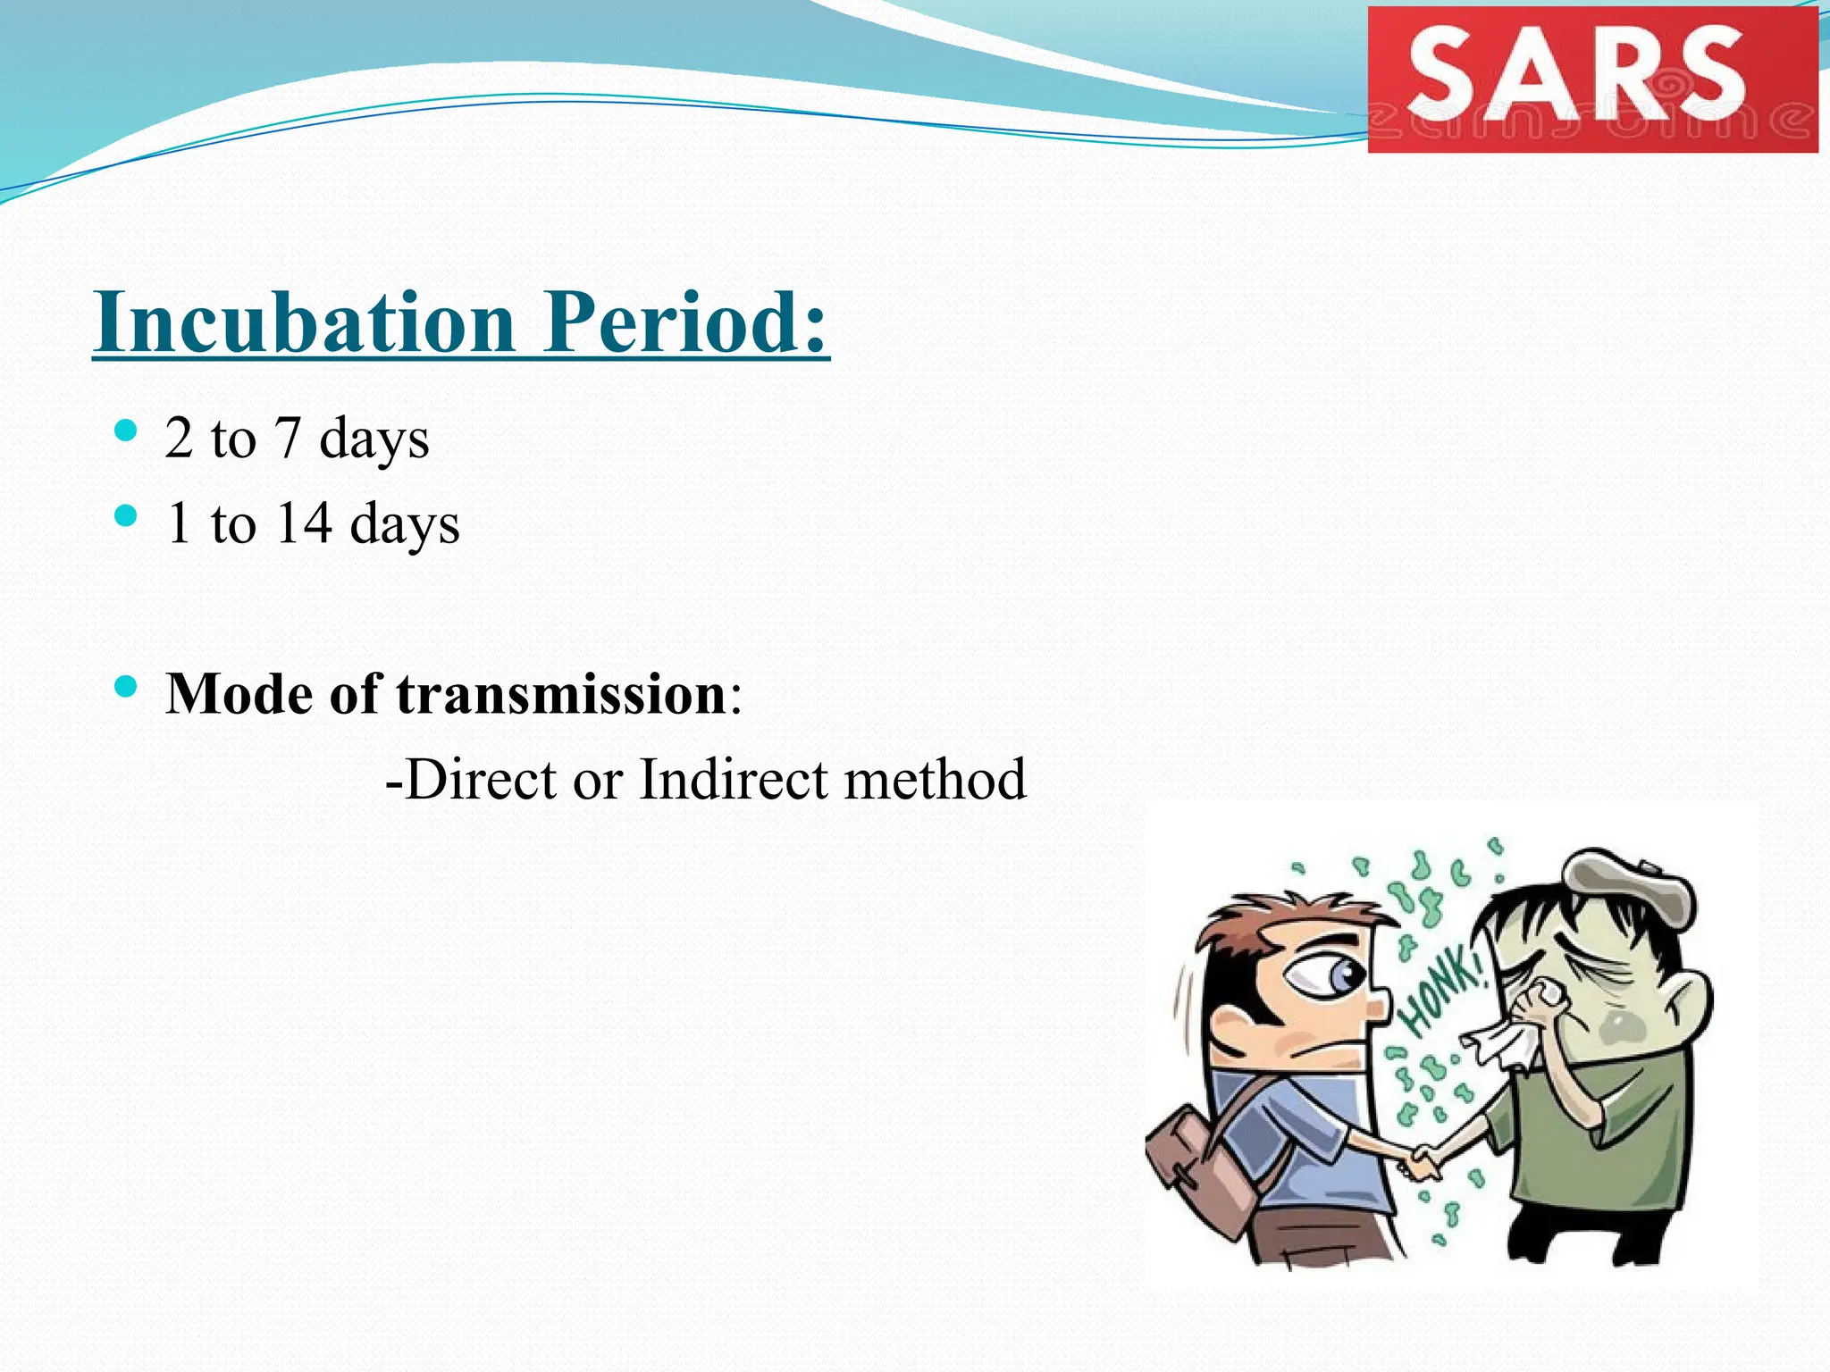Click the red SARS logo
pos(1592,79)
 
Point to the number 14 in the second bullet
pos(304,523)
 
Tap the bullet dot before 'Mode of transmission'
pos(126,687)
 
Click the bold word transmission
pos(561,694)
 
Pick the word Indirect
pos(733,780)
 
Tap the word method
pos(936,780)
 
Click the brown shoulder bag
pos(1206,1170)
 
